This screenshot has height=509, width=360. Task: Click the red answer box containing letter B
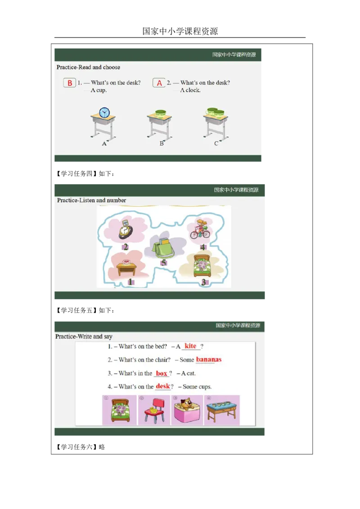(x=70, y=83)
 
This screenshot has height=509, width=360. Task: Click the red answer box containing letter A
(x=159, y=83)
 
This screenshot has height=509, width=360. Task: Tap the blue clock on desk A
(x=104, y=112)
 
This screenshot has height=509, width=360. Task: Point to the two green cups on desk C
(x=215, y=112)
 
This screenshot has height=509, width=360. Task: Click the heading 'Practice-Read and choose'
(x=88, y=67)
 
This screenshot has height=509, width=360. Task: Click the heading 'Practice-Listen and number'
(x=91, y=200)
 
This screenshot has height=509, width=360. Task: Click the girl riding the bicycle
(x=200, y=230)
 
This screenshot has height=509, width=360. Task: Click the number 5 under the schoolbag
(x=164, y=263)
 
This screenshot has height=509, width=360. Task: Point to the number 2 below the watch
(x=126, y=247)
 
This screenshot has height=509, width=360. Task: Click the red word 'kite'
(x=191, y=346)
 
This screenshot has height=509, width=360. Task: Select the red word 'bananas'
(x=209, y=359)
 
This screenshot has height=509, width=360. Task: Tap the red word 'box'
(x=162, y=373)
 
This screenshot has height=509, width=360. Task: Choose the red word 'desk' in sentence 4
(x=163, y=386)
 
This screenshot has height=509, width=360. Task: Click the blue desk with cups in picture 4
(x=222, y=410)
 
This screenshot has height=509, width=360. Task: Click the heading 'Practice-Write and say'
(x=84, y=336)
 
